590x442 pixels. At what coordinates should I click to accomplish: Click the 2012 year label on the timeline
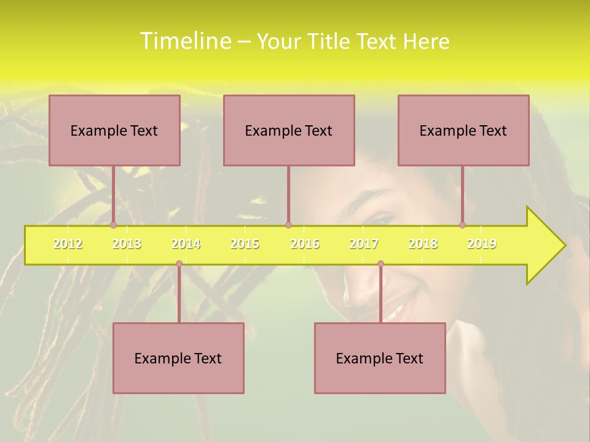[68, 244]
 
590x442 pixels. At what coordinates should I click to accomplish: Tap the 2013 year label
[127, 244]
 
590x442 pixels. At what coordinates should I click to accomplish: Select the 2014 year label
[186, 244]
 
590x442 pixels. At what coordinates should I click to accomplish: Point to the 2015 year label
[245, 244]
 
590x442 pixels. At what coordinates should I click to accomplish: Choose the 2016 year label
[305, 244]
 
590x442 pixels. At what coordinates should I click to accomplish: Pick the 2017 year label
[364, 244]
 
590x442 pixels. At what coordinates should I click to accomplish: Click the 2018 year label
[423, 244]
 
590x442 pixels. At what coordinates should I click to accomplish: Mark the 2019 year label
[482, 244]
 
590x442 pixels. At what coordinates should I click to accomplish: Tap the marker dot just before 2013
[113, 225]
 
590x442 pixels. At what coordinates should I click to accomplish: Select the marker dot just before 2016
[288, 225]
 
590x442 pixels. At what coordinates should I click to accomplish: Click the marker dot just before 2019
[462, 225]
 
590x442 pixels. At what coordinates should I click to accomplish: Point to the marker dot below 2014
[179, 264]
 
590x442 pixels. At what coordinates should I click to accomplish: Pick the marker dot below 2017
[380, 264]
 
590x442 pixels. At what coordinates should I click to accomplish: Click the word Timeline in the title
[183, 41]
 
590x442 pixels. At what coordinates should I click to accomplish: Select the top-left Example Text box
[114, 130]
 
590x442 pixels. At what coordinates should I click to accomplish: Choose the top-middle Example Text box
[289, 130]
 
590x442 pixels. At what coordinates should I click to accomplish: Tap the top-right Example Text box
[463, 130]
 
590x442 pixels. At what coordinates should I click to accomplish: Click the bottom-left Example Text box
[178, 358]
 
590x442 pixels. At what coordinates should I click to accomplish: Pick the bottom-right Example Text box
[380, 358]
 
